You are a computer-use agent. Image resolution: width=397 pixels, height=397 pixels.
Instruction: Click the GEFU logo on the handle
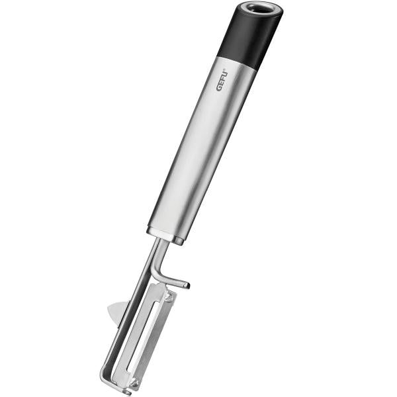[x=222, y=80]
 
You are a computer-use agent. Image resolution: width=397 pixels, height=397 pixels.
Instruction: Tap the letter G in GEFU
[x=219, y=88]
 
